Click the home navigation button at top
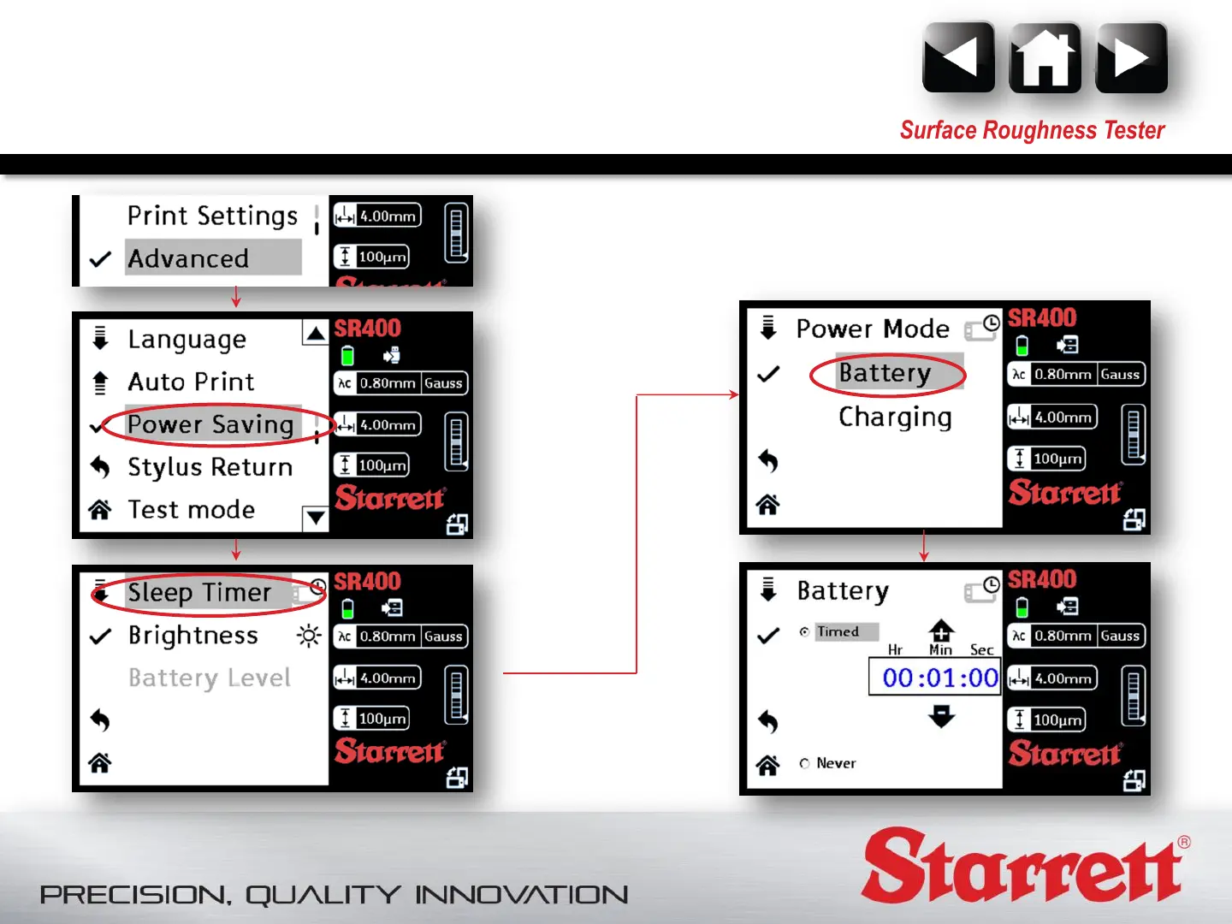tap(1045, 57)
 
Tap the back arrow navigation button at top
tap(959, 57)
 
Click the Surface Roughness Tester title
tap(1032, 130)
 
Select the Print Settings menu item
tap(212, 216)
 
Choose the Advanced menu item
tap(188, 258)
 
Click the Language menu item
tap(187, 340)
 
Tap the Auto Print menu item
tap(191, 382)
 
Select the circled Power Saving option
tap(210, 424)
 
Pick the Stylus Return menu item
tap(210, 467)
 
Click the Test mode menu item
tap(192, 509)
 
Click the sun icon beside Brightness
tap(309, 636)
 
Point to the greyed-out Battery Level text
tap(210, 678)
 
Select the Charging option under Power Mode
tap(895, 418)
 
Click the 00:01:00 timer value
tap(940, 677)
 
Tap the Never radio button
tap(805, 763)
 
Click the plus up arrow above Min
tap(941, 631)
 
